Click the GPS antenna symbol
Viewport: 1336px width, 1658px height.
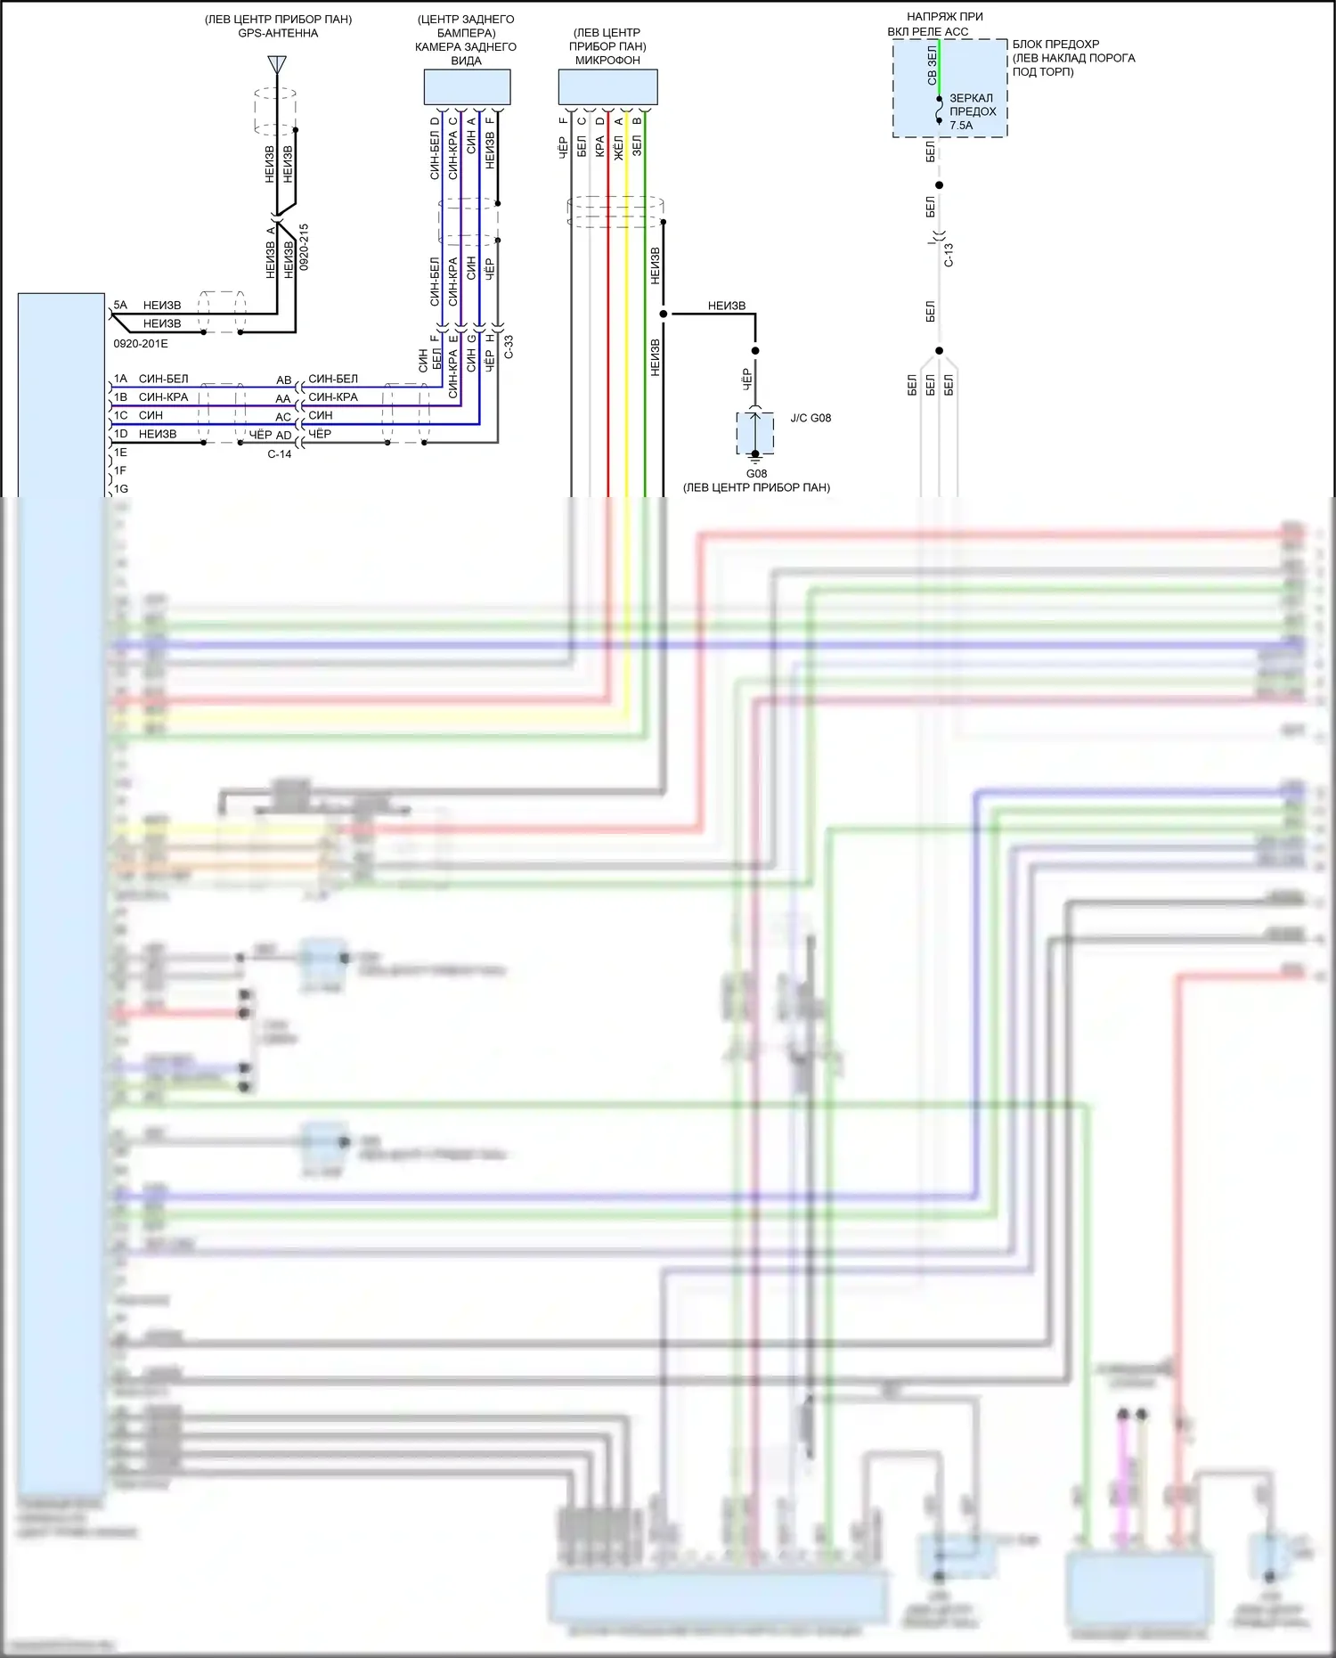[x=277, y=65]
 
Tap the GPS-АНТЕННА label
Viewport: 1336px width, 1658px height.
[x=278, y=33]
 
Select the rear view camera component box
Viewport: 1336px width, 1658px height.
[x=467, y=87]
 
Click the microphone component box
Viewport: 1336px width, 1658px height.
[x=607, y=87]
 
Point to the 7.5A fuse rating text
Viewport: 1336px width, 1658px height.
[x=961, y=126]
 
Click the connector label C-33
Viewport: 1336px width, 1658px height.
[x=509, y=347]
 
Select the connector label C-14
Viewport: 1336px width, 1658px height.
[x=280, y=454]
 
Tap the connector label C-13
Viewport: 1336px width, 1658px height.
[x=949, y=255]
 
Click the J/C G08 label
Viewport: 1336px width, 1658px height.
[x=811, y=418]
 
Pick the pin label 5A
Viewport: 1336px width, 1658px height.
[x=120, y=305]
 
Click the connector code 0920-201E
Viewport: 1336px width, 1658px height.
[x=141, y=344]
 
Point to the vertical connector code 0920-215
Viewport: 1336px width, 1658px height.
[x=304, y=247]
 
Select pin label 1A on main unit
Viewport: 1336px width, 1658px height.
[x=120, y=379]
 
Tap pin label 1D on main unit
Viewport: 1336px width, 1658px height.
[x=120, y=434]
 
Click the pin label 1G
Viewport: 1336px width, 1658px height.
[x=120, y=489]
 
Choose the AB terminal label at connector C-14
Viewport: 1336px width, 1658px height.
[x=283, y=380]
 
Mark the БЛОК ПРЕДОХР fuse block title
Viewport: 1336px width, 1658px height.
[x=1055, y=44]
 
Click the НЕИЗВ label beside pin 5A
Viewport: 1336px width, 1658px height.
[x=162, y=305]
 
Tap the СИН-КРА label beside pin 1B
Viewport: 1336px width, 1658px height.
[x=164, y=397]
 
